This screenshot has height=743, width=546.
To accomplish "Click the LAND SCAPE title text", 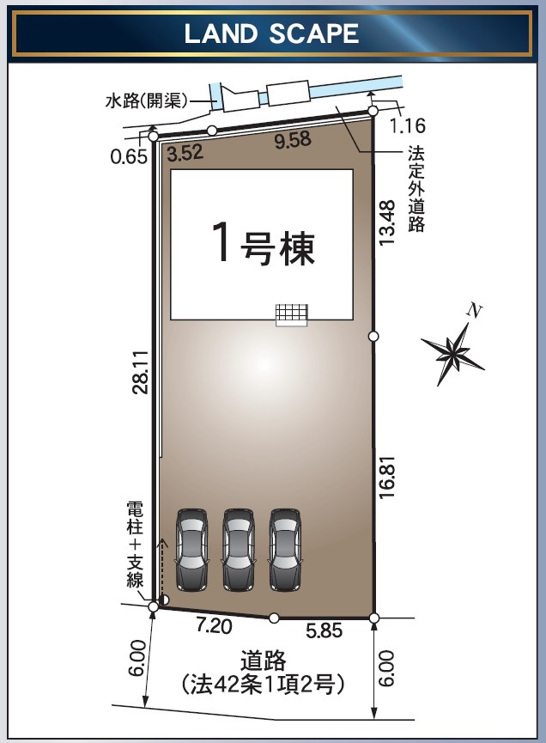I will pos(272,33).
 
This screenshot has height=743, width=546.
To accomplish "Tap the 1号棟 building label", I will pos(262,246).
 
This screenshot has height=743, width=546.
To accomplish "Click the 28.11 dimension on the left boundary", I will pos(141,370).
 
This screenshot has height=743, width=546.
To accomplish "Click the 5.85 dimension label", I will pos(325,631).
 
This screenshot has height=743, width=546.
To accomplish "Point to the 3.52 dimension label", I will pos(185,155).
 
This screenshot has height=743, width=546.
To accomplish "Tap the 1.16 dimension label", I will pos(407,126).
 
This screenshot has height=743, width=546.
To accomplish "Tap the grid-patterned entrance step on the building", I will pos(291,314).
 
